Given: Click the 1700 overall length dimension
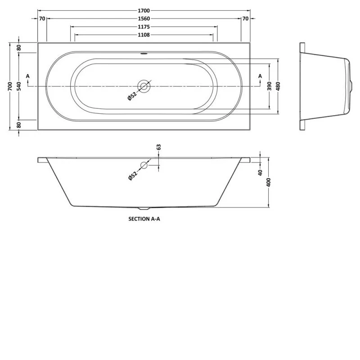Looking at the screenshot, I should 144,9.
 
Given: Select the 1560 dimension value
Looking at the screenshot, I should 144,18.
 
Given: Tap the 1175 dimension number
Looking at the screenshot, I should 144,27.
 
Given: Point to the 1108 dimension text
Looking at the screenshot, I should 144,35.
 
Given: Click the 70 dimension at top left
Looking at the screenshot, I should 42,18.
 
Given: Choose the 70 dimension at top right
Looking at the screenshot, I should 245,18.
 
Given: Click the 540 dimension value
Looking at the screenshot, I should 19,86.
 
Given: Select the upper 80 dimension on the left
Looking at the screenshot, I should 19,47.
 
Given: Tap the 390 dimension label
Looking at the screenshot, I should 269,86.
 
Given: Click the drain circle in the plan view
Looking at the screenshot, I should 144,86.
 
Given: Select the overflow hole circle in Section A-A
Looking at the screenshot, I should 144,165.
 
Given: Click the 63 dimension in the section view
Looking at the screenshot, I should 158,148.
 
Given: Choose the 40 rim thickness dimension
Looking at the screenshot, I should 260,172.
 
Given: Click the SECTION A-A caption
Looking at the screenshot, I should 144,220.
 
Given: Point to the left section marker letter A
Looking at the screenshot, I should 28,76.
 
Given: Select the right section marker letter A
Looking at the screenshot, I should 260,76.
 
